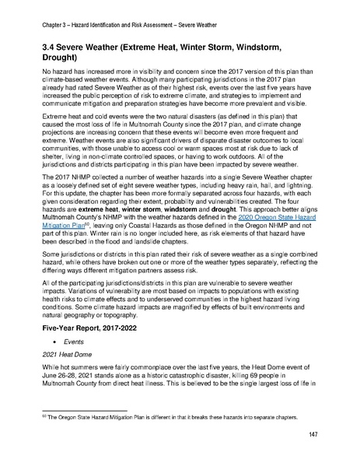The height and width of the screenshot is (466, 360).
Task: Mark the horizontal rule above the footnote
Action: (87, 411)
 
